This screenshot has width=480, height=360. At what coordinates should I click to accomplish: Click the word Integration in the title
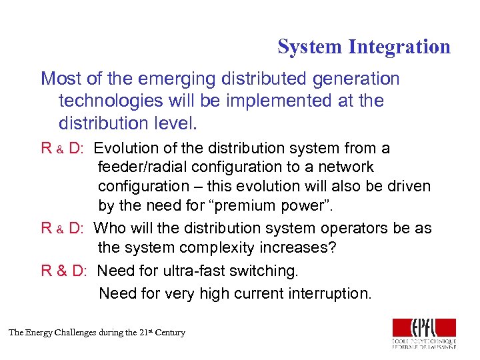pos(399,47)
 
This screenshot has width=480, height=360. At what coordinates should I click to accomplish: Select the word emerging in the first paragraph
pos(171,79)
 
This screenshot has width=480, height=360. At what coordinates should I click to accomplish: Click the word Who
pos(109,228)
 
